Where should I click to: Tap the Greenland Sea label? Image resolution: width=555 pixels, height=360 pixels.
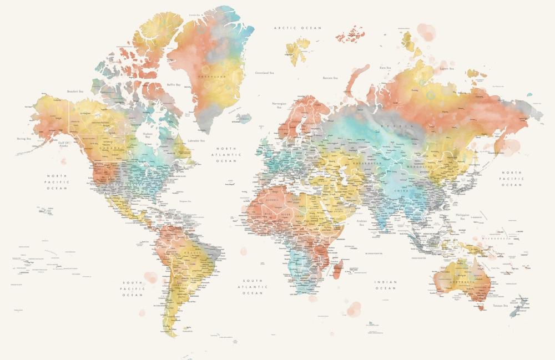[264, 73]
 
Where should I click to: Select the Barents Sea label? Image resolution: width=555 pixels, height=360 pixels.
[331, 78]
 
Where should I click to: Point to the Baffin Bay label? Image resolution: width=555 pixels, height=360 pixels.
[174, 85]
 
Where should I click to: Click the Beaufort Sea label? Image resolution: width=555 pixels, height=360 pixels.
[75, 92]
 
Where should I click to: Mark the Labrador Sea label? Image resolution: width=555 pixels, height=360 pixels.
[196, 141]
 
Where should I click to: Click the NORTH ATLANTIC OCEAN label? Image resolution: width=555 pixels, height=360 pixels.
[226, 155]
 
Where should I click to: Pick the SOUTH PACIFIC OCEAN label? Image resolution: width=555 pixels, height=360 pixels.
[133, 288]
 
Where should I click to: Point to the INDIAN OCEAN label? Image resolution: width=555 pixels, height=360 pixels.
[386, 285]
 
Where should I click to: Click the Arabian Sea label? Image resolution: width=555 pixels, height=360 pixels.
[362, 224]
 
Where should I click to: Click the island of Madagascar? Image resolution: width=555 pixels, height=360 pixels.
[338, 270]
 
